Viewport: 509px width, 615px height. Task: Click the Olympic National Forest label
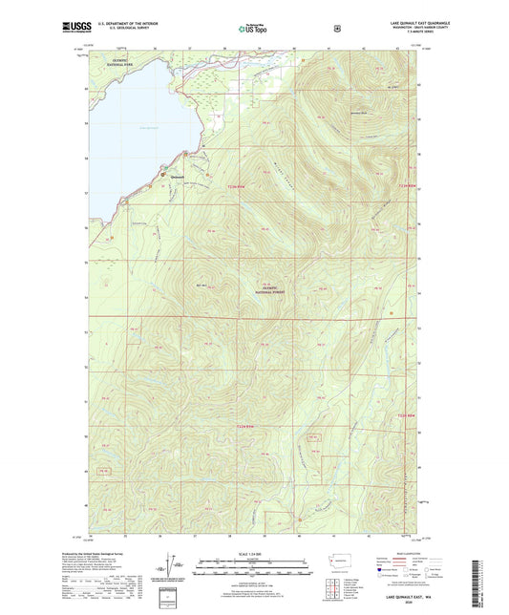click(x=273, y=289)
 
